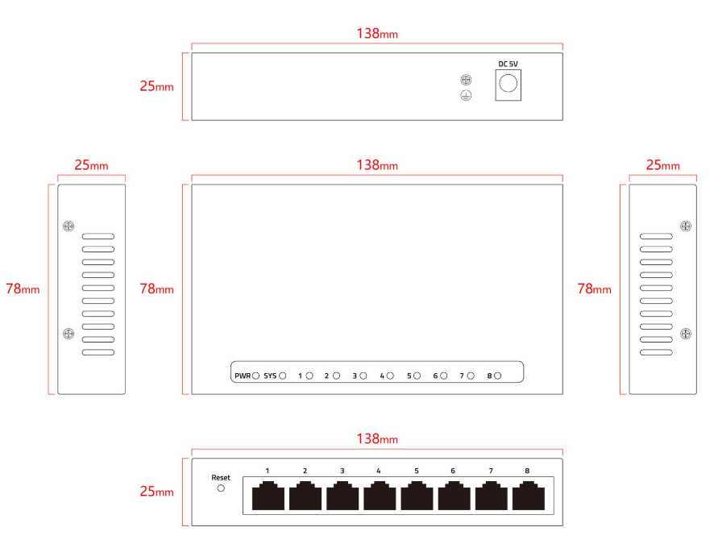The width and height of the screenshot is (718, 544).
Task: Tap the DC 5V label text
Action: [x=508, y=64]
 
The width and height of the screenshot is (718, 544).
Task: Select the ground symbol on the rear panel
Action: [x=466, y=95]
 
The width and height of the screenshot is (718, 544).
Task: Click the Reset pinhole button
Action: [x=221, y=488]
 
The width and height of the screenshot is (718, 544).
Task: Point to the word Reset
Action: [x=221, y=478]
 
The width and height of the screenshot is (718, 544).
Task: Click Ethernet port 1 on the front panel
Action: [x=268, y=496]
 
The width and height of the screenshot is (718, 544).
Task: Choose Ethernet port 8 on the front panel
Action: [x=529, y=496]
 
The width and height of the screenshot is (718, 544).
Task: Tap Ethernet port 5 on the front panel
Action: [x=417, y=496]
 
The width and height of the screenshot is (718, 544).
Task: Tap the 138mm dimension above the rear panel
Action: [x=377, y=33]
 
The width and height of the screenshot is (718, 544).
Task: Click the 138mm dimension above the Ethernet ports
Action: [x=377, y=438]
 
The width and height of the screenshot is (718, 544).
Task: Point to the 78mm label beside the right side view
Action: [x=594, y=289]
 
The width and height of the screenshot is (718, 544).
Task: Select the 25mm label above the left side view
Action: [x=91, y=165]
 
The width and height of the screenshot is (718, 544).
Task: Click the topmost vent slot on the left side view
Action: [x=98, y=236]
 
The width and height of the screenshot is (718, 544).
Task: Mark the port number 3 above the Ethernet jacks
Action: [x=342, y=471]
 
